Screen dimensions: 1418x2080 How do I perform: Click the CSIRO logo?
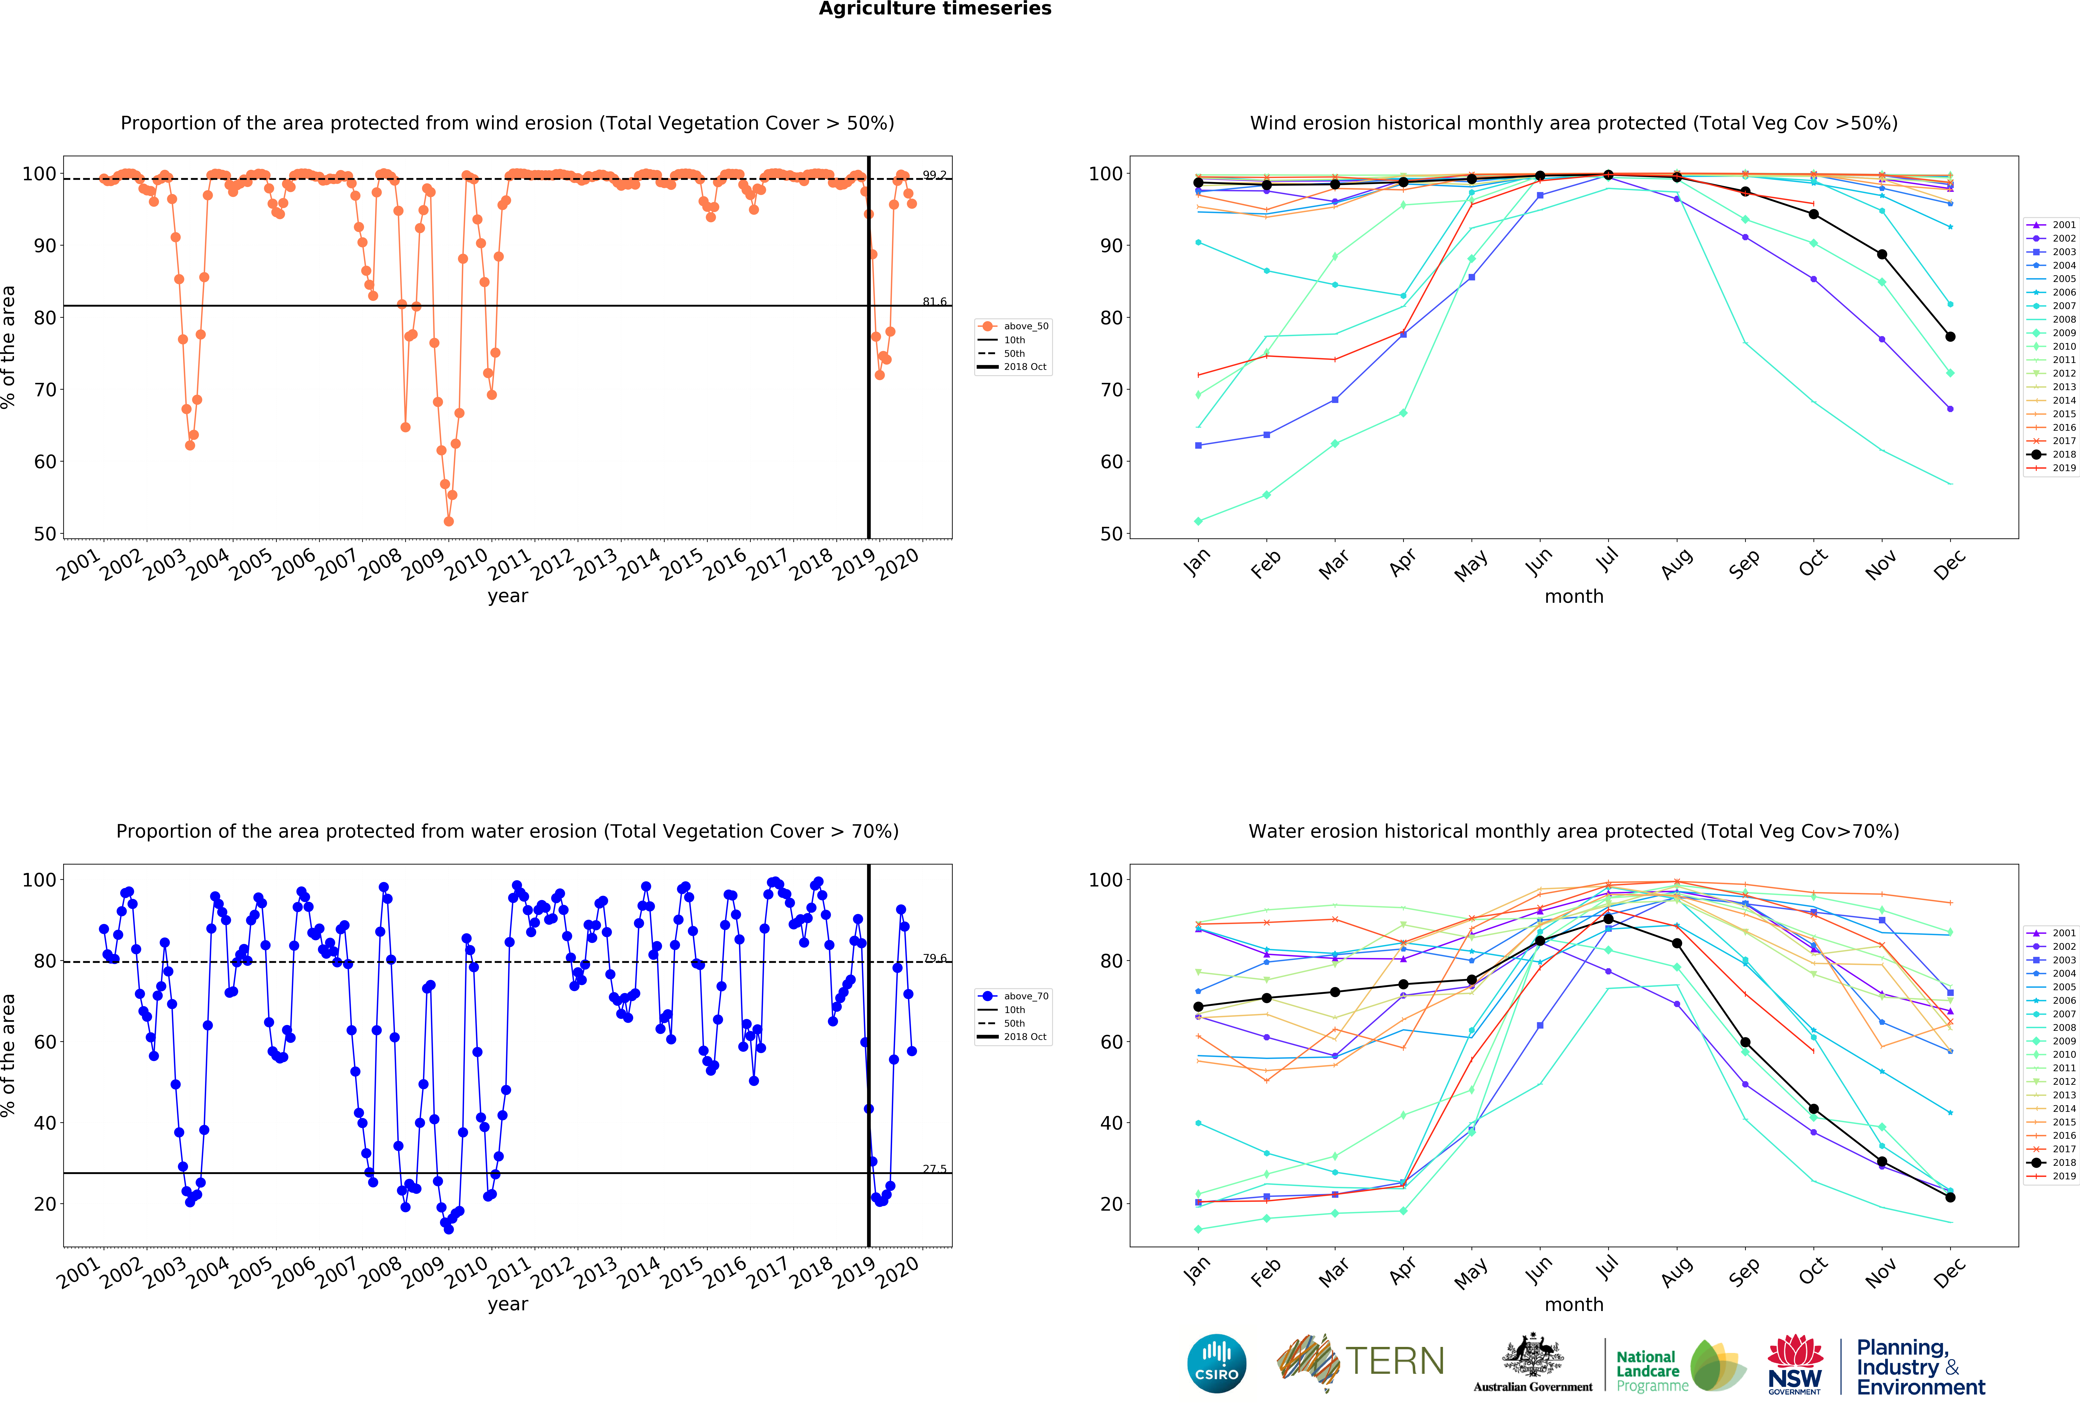[1216, 1363]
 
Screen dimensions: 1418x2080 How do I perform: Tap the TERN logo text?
[1395, 1362]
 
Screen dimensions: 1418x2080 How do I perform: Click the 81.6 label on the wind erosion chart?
[934, 302]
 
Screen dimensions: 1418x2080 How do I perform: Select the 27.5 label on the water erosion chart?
[934, 1169]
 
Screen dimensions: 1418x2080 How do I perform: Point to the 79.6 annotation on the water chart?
[934, 958]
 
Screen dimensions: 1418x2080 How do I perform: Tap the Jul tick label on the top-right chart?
[1608, 559]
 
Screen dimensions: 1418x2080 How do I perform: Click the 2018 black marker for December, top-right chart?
[1950, 337]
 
